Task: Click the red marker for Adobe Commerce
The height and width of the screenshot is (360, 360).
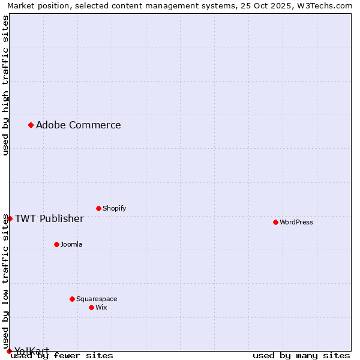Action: click(x=31, y=125)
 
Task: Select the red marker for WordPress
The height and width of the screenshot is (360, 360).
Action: click(x=275, y=222)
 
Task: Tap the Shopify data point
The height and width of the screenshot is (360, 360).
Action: click(x=98, y=208)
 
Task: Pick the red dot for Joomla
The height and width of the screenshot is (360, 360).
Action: click(x=56, y=244)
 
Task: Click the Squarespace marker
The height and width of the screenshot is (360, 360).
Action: click(x=72, y=299)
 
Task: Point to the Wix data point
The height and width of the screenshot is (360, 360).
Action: click(x=91, y=307)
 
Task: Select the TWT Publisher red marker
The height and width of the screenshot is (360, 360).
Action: click(x=10, y=218)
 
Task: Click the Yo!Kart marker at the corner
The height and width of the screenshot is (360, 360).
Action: click(x=9, y=351)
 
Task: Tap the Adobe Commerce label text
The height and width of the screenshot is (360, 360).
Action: click(x=78, y=125)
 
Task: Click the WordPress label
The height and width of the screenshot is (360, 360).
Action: click(x=296, y=222)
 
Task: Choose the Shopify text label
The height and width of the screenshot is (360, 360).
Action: click(x=114, y=208)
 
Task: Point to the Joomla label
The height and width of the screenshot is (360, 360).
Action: click(x=71, y=244)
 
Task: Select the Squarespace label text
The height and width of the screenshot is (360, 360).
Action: click(x=97, y=299)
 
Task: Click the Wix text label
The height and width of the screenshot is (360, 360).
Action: click(x=101, y=307)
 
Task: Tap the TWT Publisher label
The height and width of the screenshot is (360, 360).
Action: click(x=49, y=218)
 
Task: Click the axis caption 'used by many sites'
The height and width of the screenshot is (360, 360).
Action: click(x=301, y=355)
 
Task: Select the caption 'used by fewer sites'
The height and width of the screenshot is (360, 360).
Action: click(x=62, y=355)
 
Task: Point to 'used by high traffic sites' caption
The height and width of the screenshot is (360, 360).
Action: click(x=6, y=85)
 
